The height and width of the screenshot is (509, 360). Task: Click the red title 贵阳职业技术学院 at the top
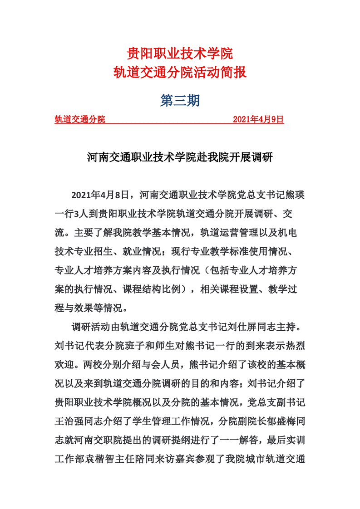[x=180, y=54]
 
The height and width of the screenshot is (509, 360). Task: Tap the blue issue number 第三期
[x=180, y=101]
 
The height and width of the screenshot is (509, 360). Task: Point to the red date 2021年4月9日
[x=258, y=119]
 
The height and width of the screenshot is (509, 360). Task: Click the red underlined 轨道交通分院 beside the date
[x=80, y=119]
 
